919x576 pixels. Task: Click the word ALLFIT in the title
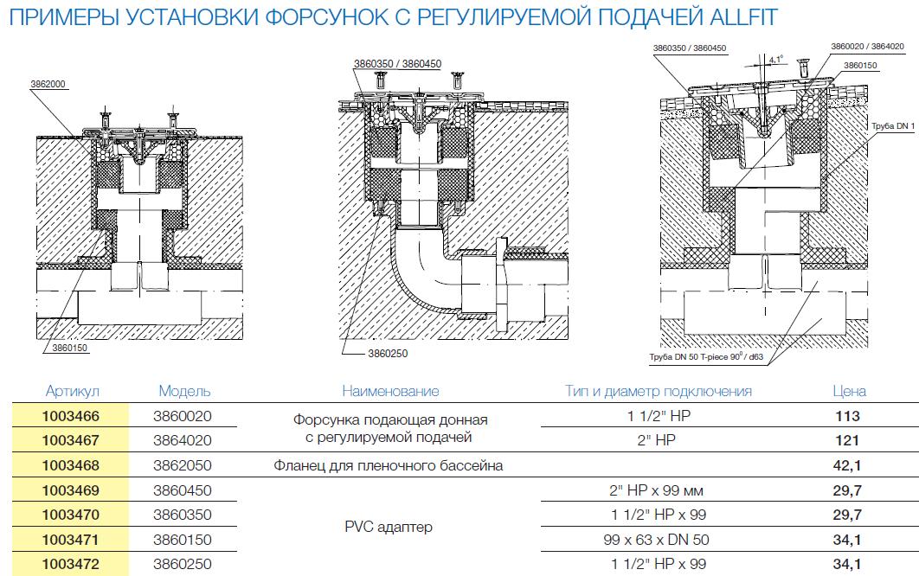point(743,17)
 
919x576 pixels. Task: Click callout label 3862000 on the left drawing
point(48,85)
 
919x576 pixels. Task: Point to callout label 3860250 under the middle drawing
point(388,354)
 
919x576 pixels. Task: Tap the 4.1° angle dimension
point(776,59)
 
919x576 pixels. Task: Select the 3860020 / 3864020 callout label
point(867,47)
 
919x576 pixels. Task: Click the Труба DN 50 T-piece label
point(706,356)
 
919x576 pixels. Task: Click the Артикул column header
point(73,391)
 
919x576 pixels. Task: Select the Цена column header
point(849,391)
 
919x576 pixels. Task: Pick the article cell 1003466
point(71,416)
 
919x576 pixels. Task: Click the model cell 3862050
point(183,465)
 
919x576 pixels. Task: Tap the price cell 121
point(847,440)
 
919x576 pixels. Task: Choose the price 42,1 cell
point(847,465)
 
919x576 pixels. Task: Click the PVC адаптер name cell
point(389,527)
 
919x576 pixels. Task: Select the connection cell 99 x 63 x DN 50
point(657,540)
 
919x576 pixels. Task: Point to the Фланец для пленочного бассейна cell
point(388,466)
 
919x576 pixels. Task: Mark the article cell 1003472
point(71,564)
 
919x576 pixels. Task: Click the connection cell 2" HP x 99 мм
point(657,490)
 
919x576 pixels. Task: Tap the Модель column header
point(184,391)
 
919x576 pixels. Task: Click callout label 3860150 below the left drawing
point(70,348)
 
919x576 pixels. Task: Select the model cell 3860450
point(183,490)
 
